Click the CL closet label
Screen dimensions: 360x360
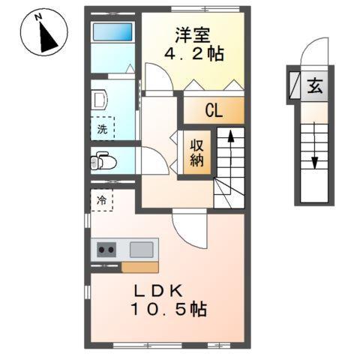[x=214, y=112]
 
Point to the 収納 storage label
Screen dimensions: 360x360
[x=198, y=152]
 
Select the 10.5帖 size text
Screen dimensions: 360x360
[x=169, y=308]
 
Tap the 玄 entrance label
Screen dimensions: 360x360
[x=313, y=85]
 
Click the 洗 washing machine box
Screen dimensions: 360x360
[x=103, y=128]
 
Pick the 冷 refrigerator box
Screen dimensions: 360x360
[x=102, y=201]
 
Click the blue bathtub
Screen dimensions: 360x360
[x=112, y=33]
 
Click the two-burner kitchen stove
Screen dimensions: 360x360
[x=105, y=250]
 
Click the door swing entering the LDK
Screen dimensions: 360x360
[x=188, y=227]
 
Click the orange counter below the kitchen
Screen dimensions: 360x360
[x=139, y=267]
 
